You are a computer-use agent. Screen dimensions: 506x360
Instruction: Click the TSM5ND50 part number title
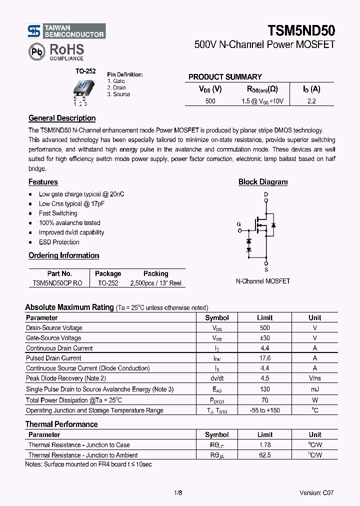(301, 30)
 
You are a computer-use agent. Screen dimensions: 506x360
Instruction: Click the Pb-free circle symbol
(36, 51)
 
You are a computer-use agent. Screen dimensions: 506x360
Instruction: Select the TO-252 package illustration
(80, 90)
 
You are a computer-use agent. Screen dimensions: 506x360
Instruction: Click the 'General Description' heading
(62, 118)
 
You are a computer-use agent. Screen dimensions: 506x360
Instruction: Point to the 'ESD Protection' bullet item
(59, 242)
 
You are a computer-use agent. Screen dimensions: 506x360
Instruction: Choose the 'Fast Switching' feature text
(58, 213)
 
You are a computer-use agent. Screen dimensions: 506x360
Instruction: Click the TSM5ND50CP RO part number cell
(57, 283)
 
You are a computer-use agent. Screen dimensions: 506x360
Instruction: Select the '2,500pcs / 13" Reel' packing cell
(155, 283)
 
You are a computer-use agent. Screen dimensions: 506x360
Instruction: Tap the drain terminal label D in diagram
(266, 194)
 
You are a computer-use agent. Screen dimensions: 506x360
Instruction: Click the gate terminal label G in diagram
(238, 224)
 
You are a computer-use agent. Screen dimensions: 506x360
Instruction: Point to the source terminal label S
(266, 269)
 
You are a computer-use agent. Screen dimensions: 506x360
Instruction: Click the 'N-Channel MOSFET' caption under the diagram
(262, 281)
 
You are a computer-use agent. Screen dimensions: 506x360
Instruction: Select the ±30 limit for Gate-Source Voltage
(264, 338)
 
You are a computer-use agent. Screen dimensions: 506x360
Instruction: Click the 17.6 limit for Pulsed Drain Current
(264, 358)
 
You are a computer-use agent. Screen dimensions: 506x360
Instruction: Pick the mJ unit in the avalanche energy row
(314, 389)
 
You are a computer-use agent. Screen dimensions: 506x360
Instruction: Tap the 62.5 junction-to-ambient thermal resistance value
(264, 455)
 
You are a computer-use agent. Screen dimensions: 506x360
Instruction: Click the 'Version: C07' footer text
(316, 492)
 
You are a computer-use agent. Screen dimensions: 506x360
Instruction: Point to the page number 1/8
(178, 492)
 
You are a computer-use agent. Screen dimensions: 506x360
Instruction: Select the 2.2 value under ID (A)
(311, 101)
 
